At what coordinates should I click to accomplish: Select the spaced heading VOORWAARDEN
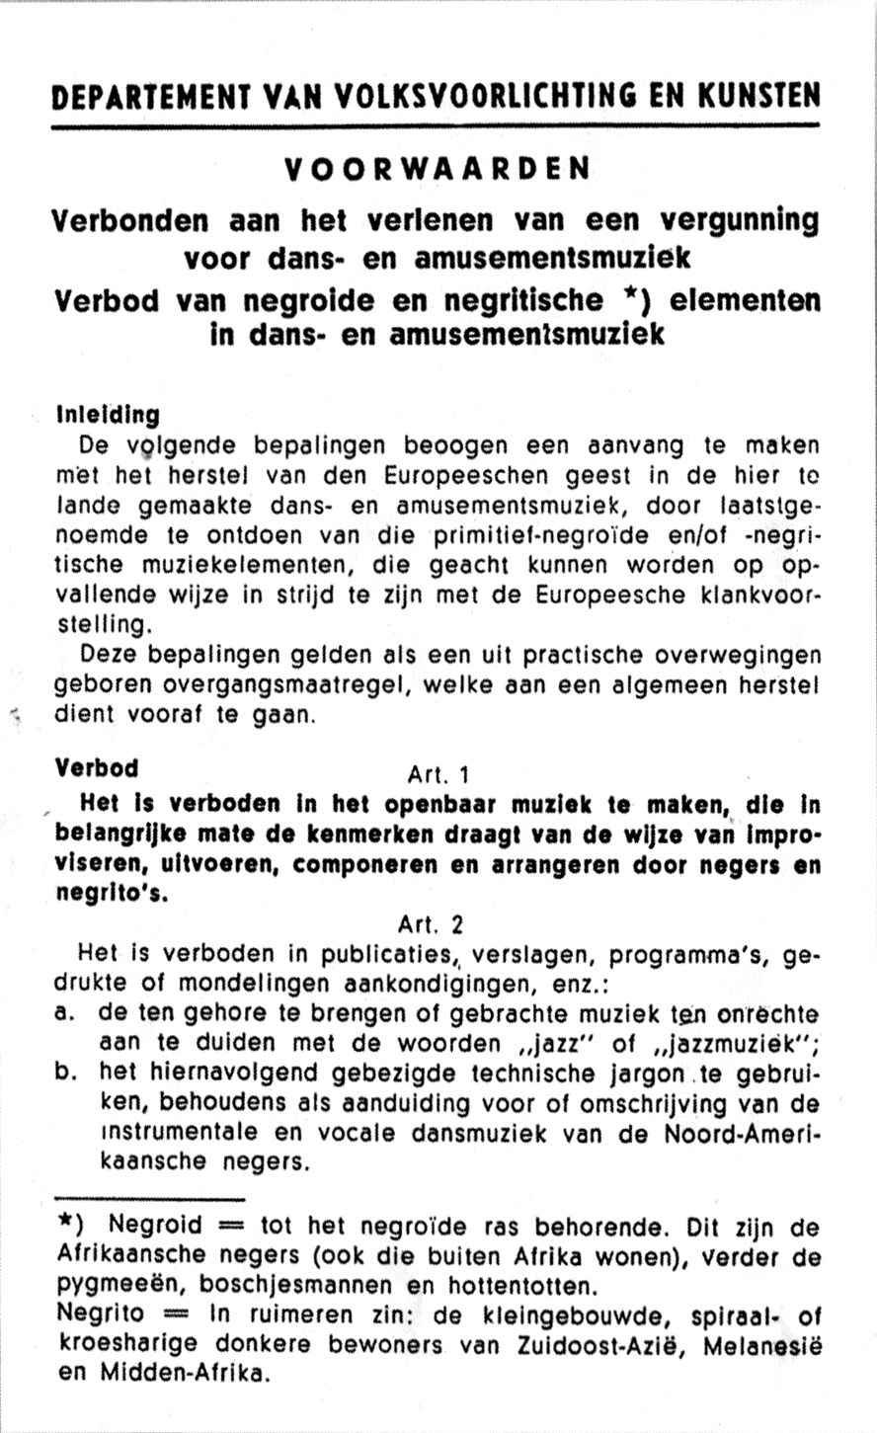(438, 169)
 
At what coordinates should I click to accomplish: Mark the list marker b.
(69, 1074)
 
